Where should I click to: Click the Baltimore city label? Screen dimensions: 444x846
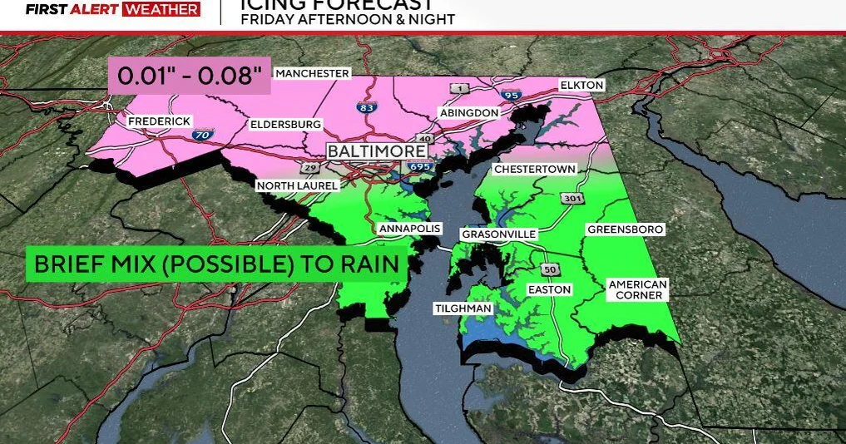pos(377,151)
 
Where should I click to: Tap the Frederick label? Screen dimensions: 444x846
pos(160,121)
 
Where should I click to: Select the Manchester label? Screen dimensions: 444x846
pos(312,73)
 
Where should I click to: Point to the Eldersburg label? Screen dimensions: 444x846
pos(285,125)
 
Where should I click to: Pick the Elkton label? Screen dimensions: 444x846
pos(581,86)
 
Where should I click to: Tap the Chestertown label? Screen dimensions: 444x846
pos(534,169)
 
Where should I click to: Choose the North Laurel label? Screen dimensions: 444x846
pos(297,185)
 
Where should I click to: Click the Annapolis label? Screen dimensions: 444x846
pos(409,229)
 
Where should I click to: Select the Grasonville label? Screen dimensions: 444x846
pos(499,234)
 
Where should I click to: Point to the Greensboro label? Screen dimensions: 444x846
pos(626,229)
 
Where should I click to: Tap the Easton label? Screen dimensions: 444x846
pos(550,289)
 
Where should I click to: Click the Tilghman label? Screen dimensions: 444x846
pos(463,308)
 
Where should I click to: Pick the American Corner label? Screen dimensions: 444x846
pos(637,289)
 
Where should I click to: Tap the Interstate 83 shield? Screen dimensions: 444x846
pos(364,108)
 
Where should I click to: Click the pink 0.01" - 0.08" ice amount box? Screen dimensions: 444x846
pos(190,76)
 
